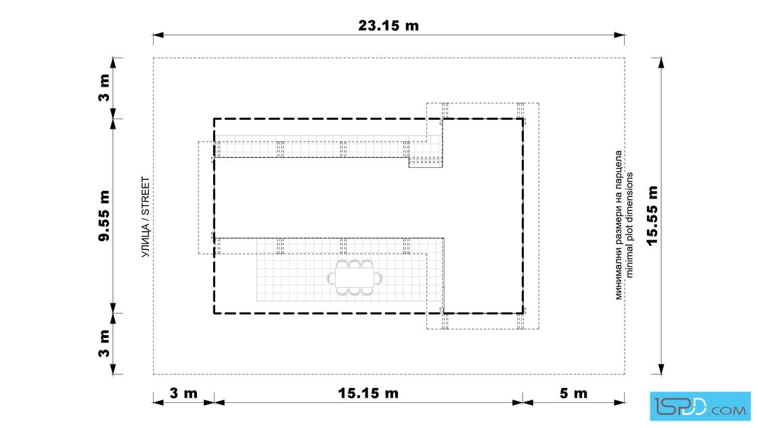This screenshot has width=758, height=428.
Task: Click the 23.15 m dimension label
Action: (x=388, y=25)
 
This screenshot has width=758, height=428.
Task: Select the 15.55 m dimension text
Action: (x=652, y=215)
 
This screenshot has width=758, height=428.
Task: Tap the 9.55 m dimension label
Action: (x=104, y=215)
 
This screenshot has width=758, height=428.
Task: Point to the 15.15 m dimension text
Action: (x=368, y=393)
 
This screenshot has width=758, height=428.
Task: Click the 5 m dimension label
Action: (x=573, y=393)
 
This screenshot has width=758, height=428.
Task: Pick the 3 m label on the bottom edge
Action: (x=183, y=393)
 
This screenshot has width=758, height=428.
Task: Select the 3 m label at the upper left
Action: (x=104, y=87)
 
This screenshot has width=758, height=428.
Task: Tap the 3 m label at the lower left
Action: (x=104, y=343)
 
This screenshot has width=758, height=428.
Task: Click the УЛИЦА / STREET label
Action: (x=145, y=217)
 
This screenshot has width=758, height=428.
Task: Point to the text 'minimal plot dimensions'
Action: (x=629, y=225)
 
